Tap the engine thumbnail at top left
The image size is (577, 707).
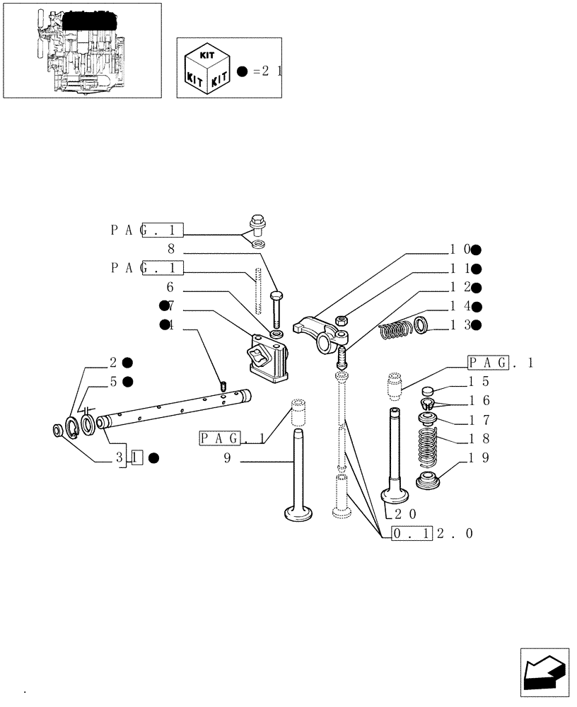coord(81,52)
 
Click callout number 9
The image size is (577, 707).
coord(227,459)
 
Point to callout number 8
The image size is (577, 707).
coord(170,249)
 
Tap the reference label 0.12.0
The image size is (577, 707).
coord(431,534)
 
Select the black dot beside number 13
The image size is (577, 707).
coord(477,325)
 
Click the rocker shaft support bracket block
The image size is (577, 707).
coord(269,357)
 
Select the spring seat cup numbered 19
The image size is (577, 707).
coord(429,484)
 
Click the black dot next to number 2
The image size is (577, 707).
coord(127,363)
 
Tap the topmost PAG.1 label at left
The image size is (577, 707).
coord(147,230)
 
